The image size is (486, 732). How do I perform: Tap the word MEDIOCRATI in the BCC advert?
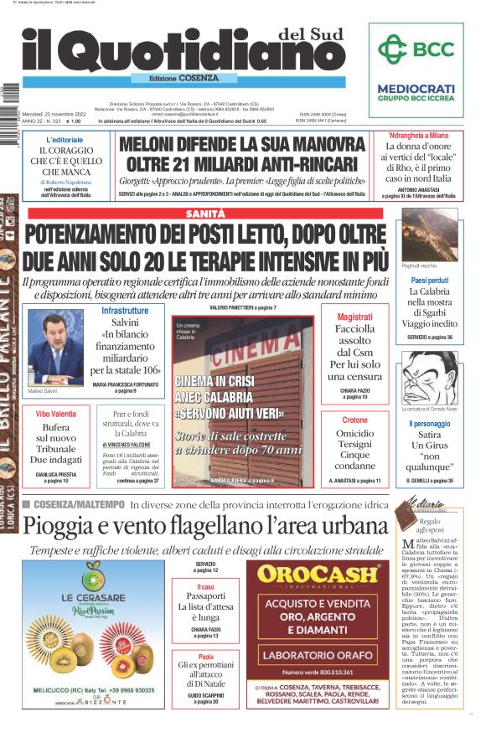click(416, 88)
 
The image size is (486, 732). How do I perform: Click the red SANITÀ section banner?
click(206, 214)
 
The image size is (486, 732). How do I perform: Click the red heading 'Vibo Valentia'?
click(55, 414)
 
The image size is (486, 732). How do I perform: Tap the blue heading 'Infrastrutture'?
click(125, 311)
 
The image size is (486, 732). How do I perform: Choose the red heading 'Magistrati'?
click(354, 317)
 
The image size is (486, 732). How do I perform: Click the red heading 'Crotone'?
click(354, 420)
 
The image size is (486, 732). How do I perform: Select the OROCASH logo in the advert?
click(318, 574)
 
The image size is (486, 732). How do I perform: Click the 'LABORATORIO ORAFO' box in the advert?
click(317, 655)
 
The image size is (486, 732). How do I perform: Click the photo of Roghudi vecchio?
click(430, 234)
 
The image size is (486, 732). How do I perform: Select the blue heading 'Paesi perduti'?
click(430, 280)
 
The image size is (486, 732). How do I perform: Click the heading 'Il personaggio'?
click(430, 425)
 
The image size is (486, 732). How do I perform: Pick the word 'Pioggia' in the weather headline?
click(58, 526)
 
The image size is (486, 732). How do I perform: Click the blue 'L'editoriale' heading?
click(65, 139)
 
